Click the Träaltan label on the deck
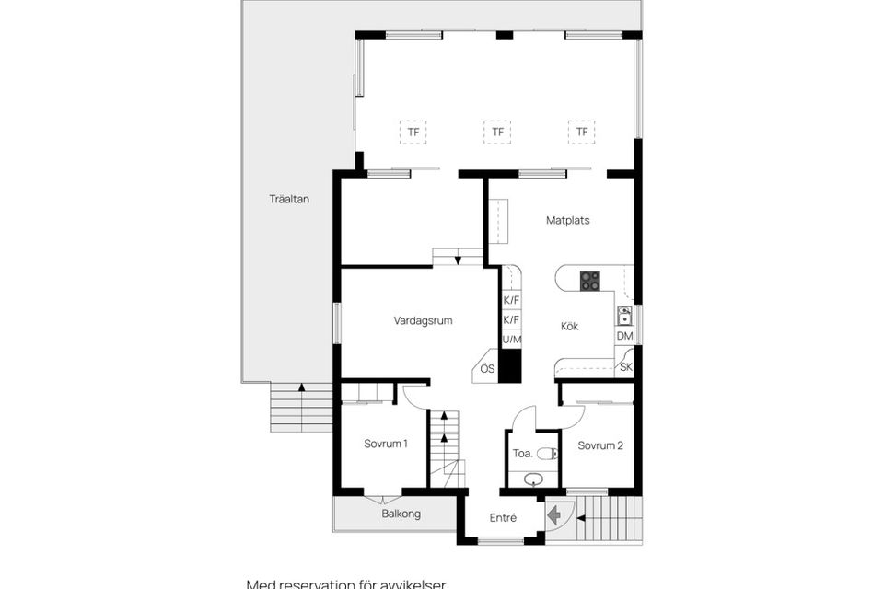289,199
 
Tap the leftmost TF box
413,133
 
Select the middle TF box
497,133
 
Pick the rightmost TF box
581,133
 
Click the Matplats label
567,221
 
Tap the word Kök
570,326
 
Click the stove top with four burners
589,281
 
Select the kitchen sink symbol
624,317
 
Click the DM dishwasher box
624,337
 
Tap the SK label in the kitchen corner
626,367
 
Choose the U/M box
512,341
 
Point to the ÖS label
487,369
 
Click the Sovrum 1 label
385,444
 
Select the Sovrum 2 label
600,445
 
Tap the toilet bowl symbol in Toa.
548,453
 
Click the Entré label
503,518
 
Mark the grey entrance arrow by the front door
555,516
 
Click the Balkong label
401,514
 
